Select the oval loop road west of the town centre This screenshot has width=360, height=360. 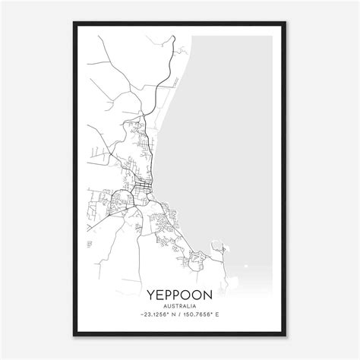point(121,201)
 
